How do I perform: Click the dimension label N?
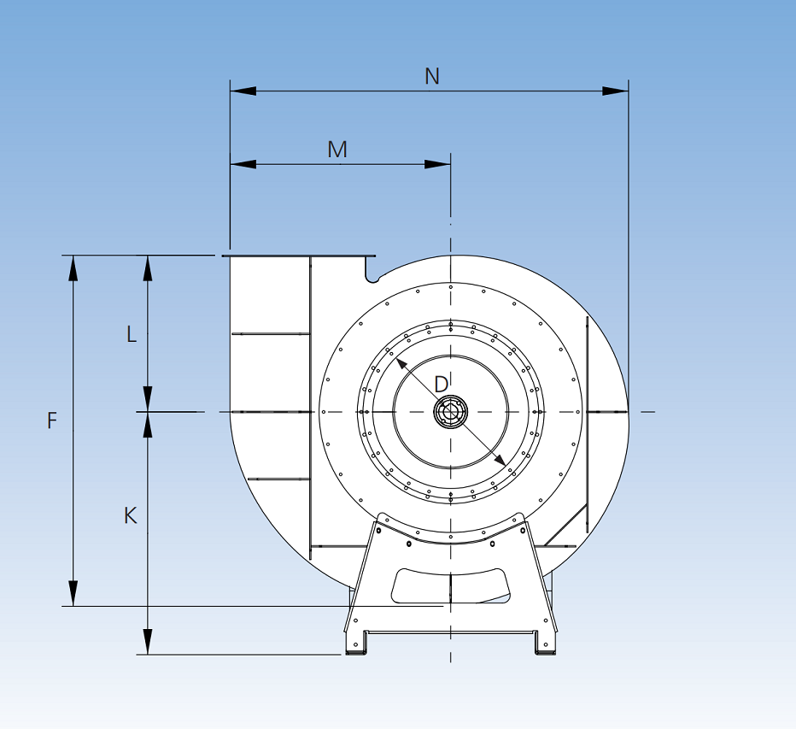pos(432,76)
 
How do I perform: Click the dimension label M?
pos(337,150)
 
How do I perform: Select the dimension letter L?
pos(132,334)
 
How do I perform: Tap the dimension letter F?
pos(52,420)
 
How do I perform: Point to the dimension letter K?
pos(130,516)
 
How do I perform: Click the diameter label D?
pos(441,385)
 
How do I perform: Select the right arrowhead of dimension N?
pos(616,91)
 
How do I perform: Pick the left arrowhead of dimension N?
pos(243,91)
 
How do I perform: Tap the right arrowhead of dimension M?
pos(438,164)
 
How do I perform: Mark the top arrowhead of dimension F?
pos(73,267)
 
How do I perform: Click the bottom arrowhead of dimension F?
pos(73,594)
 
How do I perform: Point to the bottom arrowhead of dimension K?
pos(148,643)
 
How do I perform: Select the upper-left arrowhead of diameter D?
pos(401,363)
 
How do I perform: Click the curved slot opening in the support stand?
pos(450,585)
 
